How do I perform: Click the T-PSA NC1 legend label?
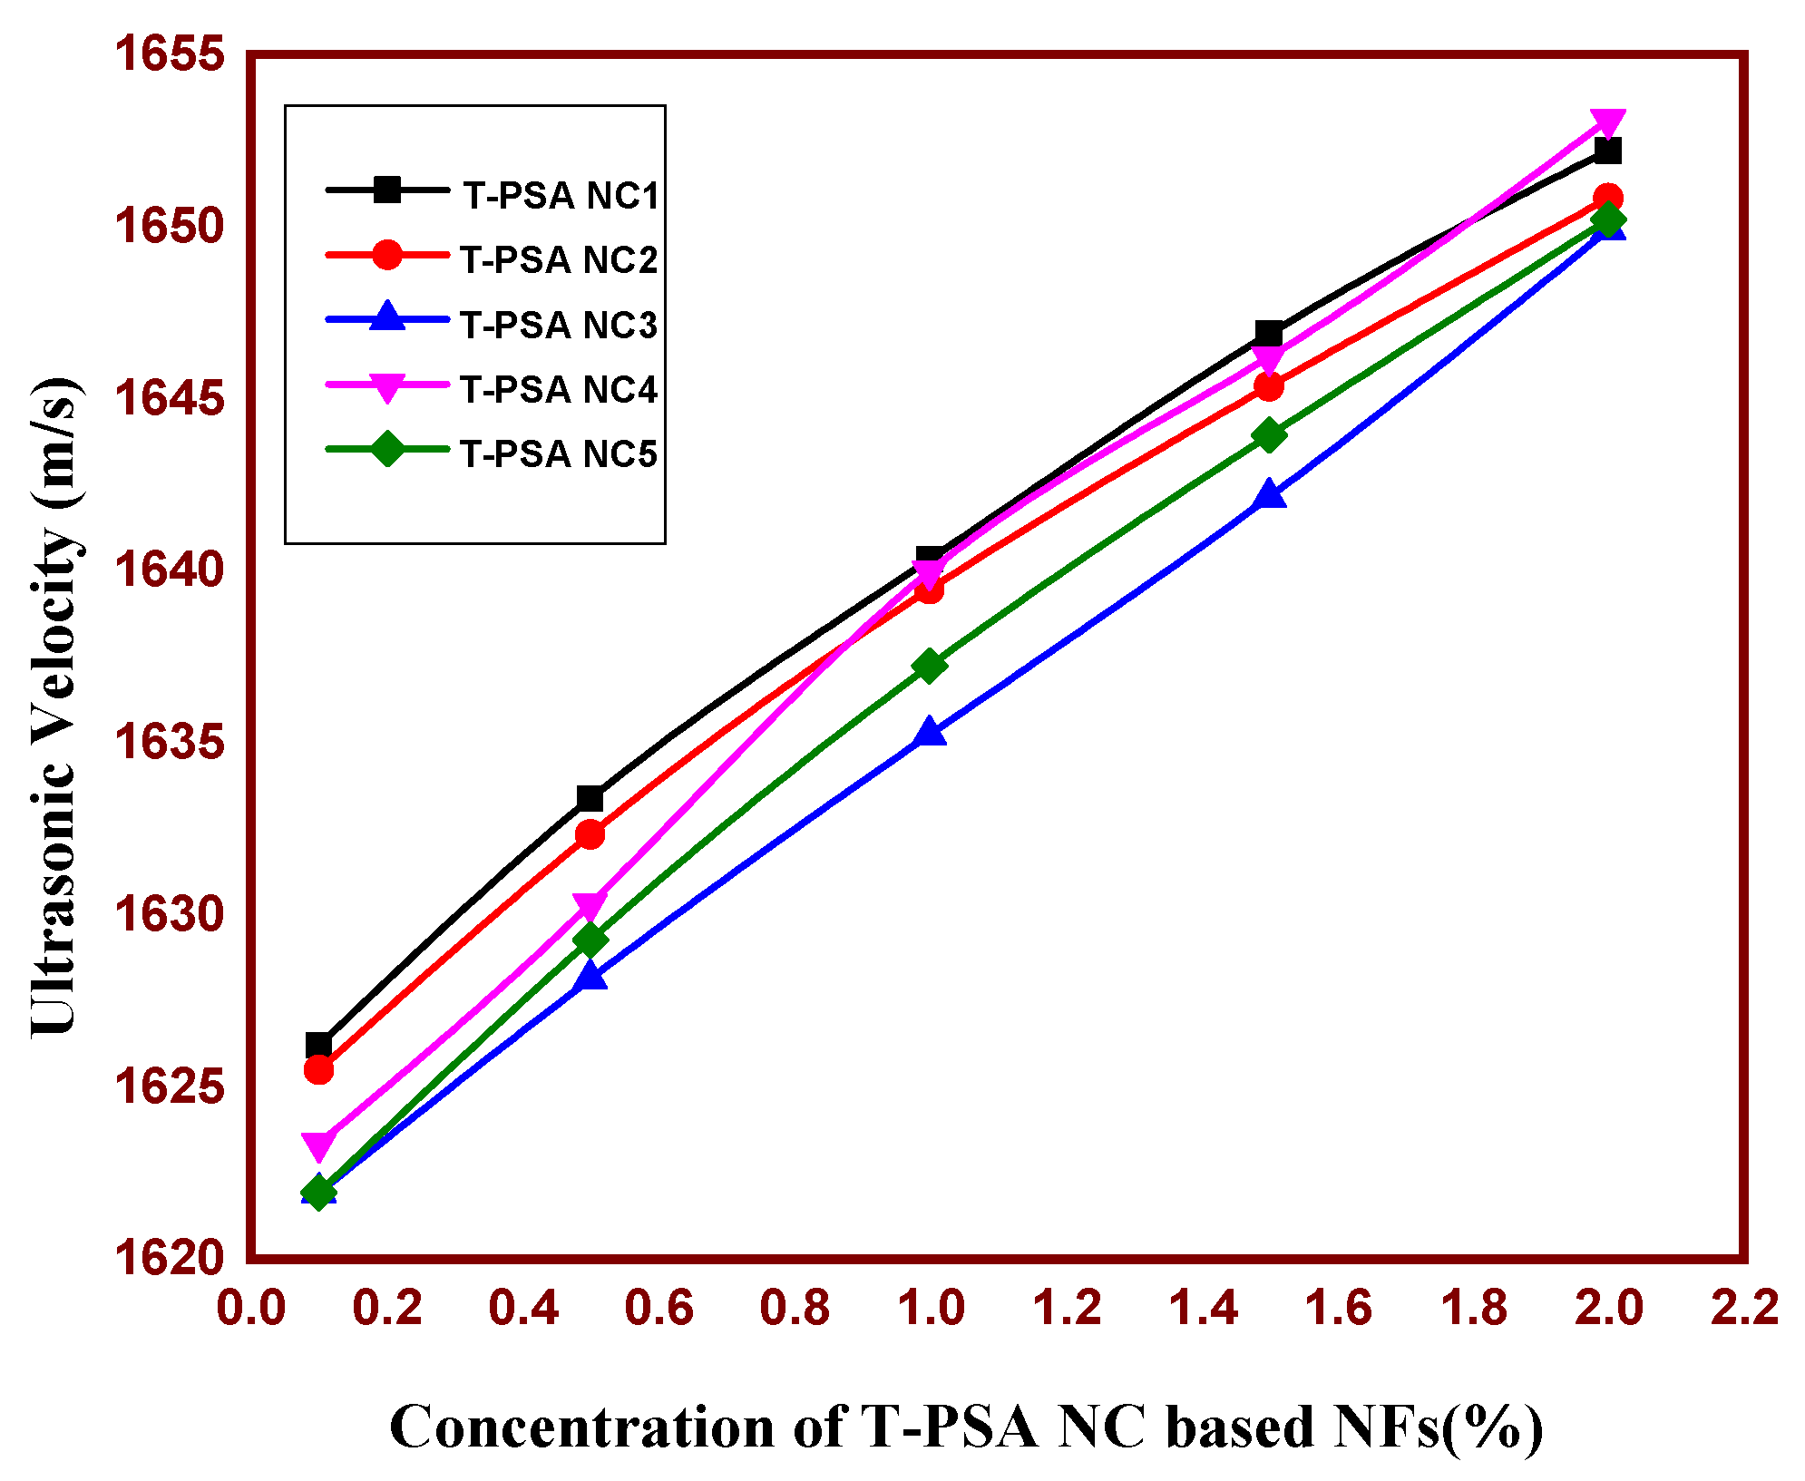561,196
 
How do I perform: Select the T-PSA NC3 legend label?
558,325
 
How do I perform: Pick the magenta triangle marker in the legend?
387,387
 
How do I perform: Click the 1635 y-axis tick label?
169,742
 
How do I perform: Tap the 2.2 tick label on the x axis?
1744,1308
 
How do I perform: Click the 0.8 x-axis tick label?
795,1308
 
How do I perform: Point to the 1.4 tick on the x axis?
1203,1308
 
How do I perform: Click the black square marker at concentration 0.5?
590,799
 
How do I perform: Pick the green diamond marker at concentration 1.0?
930,667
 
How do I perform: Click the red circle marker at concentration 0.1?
318,1070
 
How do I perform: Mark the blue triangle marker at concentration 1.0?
930,732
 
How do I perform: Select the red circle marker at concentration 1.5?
1269,387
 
